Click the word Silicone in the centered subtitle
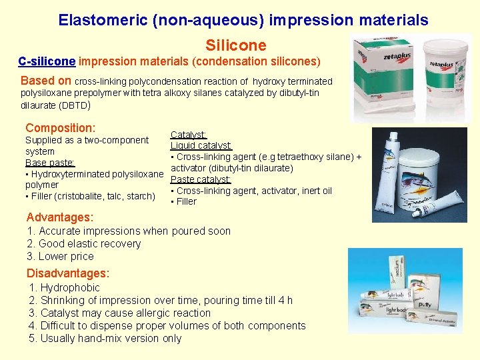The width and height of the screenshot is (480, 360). coord(236,45)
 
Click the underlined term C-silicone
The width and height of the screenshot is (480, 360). coord(47,62)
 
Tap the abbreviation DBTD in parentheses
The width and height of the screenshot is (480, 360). coord(72,105)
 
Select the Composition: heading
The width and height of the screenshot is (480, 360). coord(60,127)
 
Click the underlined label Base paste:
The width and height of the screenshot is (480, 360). coord(49,162)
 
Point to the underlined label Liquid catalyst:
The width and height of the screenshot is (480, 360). coord(201,145)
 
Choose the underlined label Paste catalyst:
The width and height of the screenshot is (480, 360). coord(201,179)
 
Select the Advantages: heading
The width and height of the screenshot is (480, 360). coord(59,217)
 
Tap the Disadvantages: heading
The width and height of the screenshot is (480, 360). coord(67,273)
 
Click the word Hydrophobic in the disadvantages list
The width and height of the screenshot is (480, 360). coord(70,287)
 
